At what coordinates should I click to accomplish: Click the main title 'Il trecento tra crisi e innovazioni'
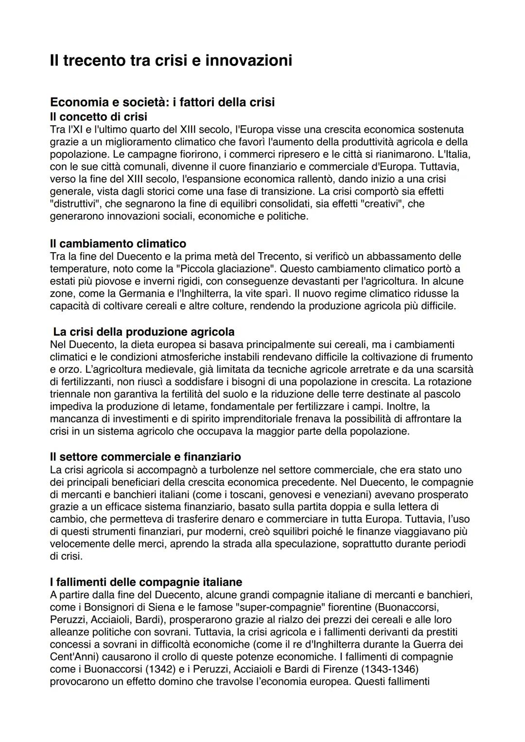(x=171, y=61)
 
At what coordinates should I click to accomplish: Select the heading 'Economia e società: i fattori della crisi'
(x=162, y=103)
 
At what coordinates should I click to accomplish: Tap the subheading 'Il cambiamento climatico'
(x=118, y=243)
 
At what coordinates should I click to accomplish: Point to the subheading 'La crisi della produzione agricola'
(x=144, y=332)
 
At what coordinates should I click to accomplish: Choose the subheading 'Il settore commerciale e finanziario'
(x=145, y=457)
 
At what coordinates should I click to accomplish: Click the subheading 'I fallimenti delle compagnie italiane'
(x=146, y=582)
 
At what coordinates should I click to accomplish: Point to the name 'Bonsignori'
(x=110, y=607)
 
